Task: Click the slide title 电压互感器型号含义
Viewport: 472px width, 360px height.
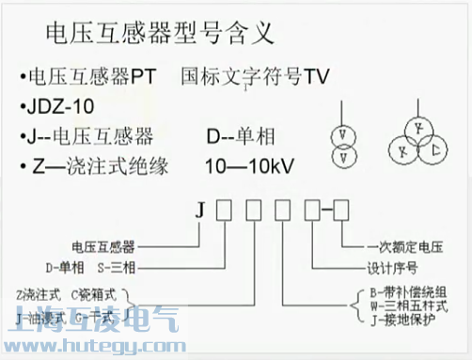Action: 160,36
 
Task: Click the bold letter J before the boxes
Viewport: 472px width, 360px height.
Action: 199,211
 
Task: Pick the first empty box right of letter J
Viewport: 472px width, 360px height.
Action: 224,211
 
